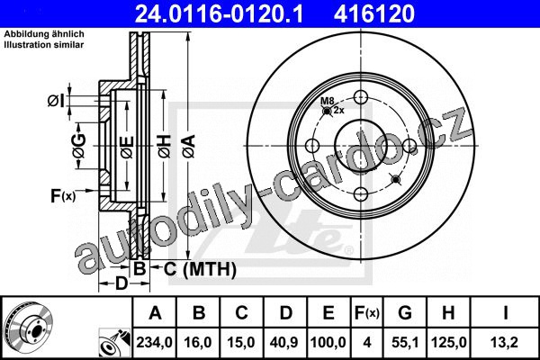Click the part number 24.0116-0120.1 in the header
(x=219, y=13)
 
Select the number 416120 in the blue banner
(x=374, y=13)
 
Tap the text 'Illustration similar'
(x=44, y=44)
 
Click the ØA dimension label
(x=189, y=147)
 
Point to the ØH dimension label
(x=165, y=147)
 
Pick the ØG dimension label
(x=79, y=146)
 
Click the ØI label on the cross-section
(x=56, y=101)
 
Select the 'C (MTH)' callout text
(x=200, y=269)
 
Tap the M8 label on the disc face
(x=328, y=101)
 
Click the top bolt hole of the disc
(x=361, y=97)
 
